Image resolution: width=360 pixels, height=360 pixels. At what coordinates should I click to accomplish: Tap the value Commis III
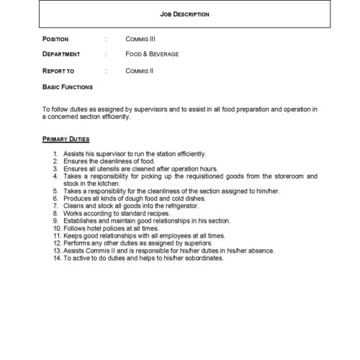(140, 38)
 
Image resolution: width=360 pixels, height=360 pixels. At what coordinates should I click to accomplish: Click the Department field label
(61, 54)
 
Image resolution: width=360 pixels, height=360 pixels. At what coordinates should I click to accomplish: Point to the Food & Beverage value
(153, 54)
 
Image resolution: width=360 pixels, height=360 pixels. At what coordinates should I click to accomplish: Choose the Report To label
(59, 71)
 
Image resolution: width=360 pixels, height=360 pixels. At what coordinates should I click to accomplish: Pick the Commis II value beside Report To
(139, 71)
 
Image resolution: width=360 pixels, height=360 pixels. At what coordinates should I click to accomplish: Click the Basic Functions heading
(68, 87)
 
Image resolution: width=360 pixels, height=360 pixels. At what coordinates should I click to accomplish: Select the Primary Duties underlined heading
(66, 138)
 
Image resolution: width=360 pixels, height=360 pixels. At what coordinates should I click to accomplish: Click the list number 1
(56, 154)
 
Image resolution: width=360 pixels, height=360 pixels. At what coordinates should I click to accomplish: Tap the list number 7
(56, 205)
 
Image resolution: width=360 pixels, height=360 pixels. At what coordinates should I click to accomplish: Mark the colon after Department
(106, 54)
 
